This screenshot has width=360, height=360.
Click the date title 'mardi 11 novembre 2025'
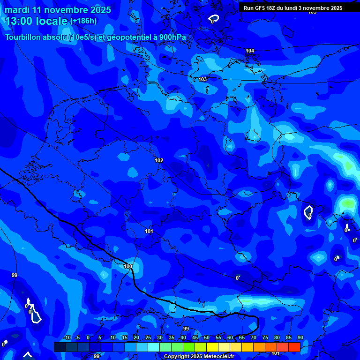(x=58, y=10)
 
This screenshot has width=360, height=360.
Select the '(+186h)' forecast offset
(x=83, y=21)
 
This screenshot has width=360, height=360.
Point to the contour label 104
(x=250, y=51)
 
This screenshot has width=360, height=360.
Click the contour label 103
(x=202, y=79)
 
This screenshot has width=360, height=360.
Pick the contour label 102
(x=159, y=160)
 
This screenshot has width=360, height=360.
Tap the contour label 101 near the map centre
(x=149, y=231)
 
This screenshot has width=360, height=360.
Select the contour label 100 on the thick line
(x=128, y=266)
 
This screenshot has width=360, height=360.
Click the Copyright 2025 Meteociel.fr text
(x=199, y=357)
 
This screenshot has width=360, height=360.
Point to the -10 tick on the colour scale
(x=67, y=338)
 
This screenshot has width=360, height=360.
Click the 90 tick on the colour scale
(x=300, y=338)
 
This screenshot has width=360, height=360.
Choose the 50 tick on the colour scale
(x=206, y=338)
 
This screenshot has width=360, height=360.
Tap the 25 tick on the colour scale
(x=148, y=338)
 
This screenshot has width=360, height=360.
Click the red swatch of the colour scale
(x=294, y=347)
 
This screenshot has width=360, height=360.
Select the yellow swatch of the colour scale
(x=212, y=347)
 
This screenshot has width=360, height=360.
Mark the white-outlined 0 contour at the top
(x=213, y=19)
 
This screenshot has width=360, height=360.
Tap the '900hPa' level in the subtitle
(x=172, y=37)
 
